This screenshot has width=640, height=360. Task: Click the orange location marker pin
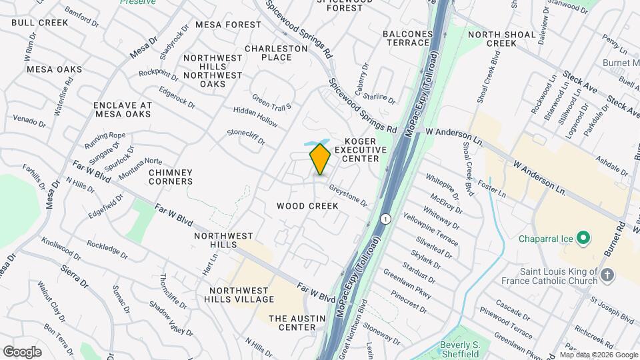tap(320, 159)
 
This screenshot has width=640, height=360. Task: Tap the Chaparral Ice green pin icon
tap(583, 237)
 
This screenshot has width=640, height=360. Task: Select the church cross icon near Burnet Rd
tap(607, 274)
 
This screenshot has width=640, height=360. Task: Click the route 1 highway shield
tap(385, 219)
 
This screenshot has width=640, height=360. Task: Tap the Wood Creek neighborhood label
tap(307, 206)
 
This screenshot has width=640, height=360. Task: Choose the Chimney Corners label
tap(171, 177)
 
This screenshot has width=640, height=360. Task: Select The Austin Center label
tap(292, 323)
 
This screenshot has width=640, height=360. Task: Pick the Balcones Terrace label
tap(406, 38)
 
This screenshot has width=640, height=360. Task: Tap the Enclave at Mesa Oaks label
tap(123, 109)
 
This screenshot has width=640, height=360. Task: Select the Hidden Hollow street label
tap(255, 117)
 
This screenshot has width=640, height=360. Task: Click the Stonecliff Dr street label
tap(246, 137)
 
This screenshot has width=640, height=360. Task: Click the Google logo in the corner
tap(22, 351)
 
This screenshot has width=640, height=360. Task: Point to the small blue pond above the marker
tap(312, 143)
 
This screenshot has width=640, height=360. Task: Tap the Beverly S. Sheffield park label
tap(461, 349)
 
